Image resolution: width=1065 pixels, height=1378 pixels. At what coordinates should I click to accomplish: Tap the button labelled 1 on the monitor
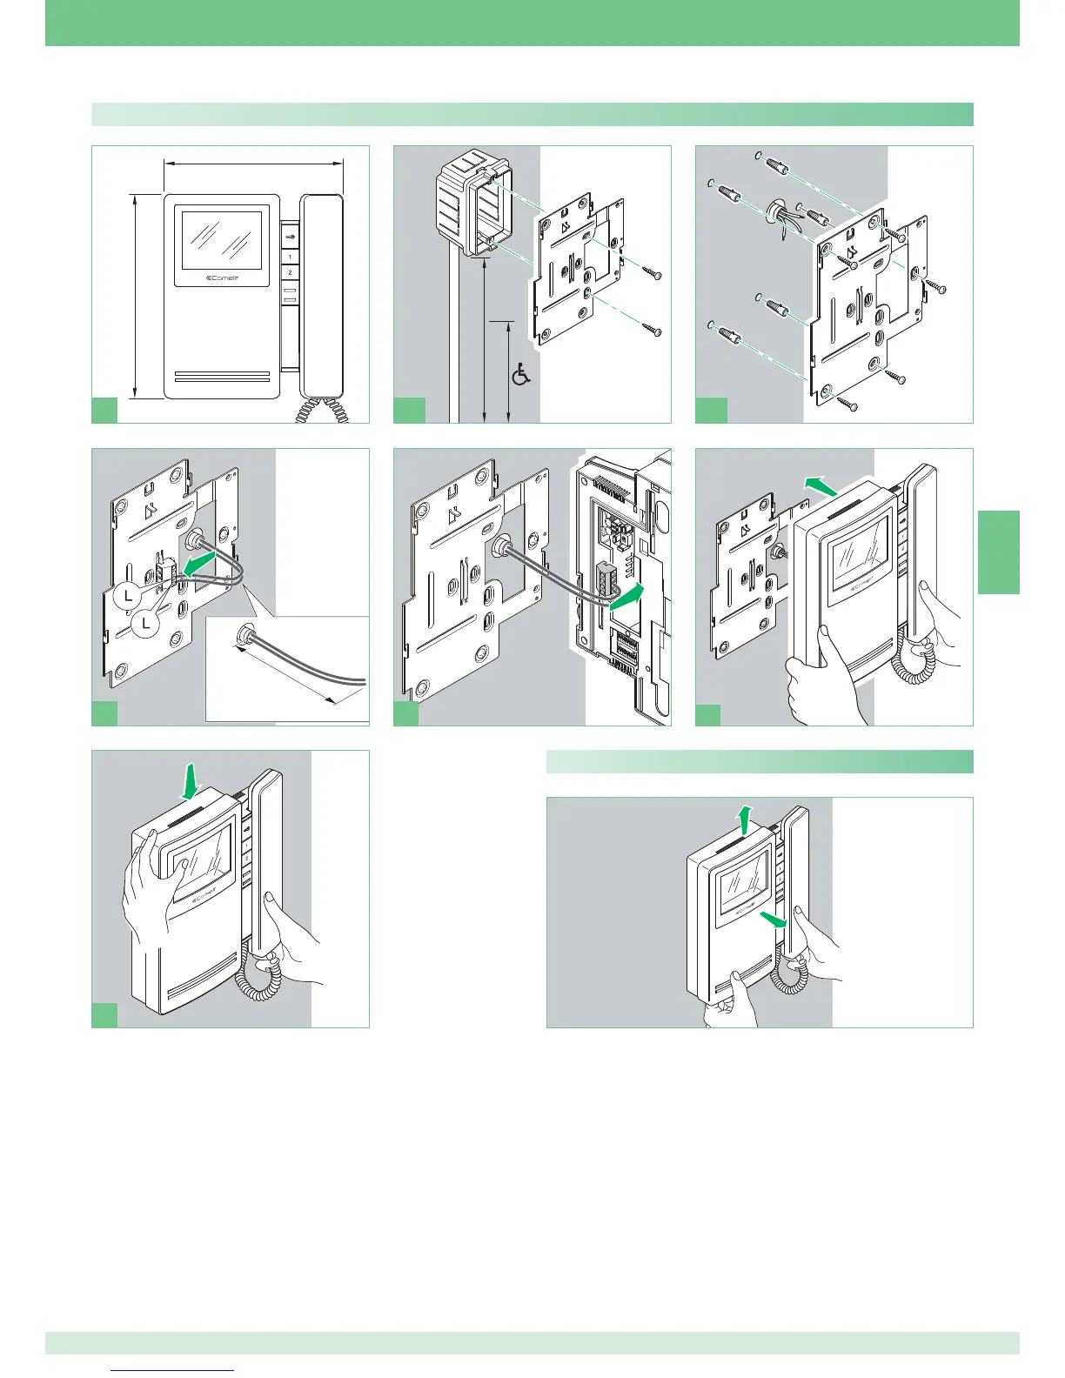point(290,258)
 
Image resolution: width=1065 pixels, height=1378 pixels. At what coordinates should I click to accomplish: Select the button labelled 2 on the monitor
point(290,272)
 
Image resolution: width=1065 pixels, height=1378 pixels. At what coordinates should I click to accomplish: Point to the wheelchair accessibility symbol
point(521,375)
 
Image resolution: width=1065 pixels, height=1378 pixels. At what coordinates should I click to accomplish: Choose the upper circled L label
point(128,596)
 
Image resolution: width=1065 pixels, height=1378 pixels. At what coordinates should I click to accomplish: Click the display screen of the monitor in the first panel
point(221,237)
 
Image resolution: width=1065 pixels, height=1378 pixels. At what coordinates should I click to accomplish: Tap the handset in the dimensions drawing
point(323,296)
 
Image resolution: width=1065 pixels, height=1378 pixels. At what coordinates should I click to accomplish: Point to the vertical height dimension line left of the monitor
point(136,297)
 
